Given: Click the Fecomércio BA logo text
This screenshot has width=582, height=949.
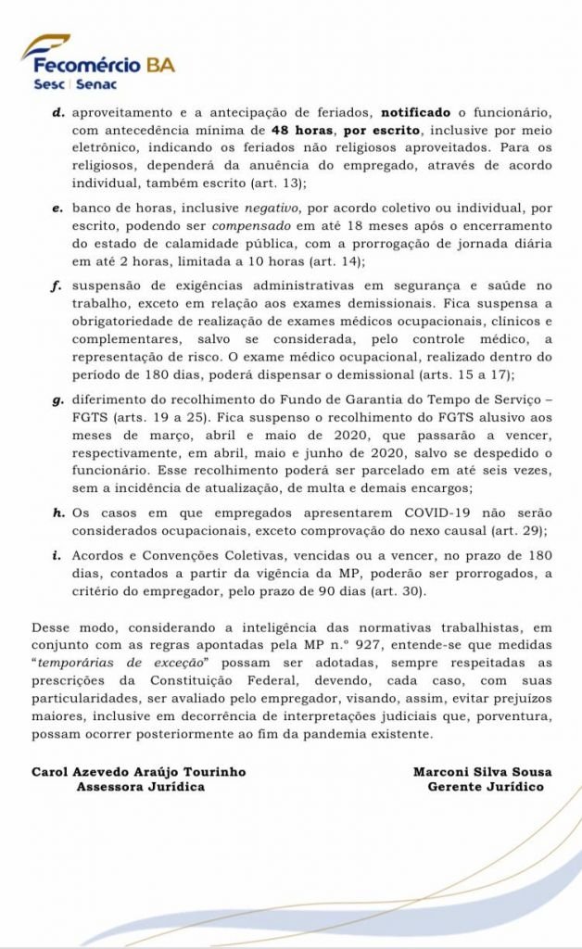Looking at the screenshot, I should pyautogui.click(x=103, y=65).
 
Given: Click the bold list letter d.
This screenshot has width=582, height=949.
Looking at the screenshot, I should pyautogui.click(x=57, y=111).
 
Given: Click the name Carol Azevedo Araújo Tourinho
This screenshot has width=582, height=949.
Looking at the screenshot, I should pyautogui.click(x=139, y=771).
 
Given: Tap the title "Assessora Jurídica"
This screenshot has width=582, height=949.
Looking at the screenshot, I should pyautogui.click(x=140, y=787).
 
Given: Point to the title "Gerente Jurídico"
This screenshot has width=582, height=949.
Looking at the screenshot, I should pyautogui.click(x=486, y=787).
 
